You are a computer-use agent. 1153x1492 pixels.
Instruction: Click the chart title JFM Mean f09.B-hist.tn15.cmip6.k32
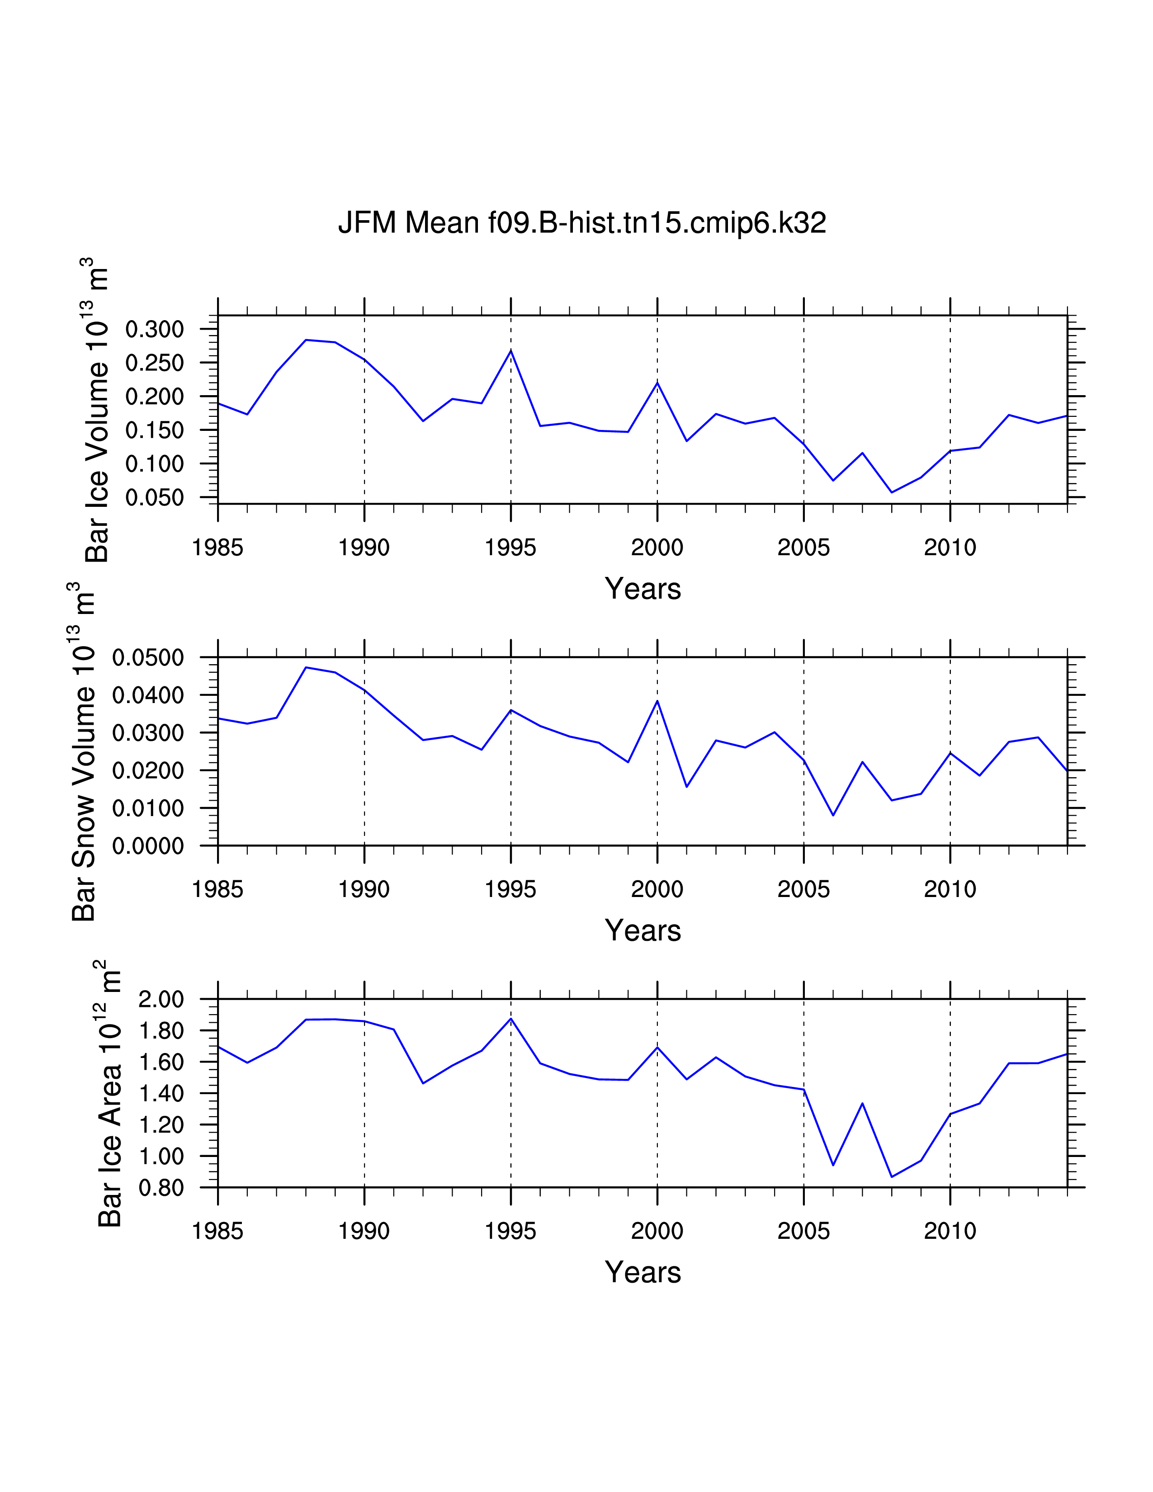pyautogui.click(x=582, y=223)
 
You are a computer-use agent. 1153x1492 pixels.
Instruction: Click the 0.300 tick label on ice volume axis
pyautogui.click(x=154, y=329)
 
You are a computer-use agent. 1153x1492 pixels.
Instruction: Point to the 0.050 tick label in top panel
pyautogui.click(x=154, y=497)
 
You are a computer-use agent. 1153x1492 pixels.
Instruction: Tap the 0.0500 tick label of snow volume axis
pyautogui.click(x=148, y=658)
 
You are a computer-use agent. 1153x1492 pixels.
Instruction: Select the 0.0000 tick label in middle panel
pyautogui.click(x=148, y=846)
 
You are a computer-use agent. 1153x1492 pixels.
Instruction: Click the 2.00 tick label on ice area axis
pyautogui.click(x=161, y=1000)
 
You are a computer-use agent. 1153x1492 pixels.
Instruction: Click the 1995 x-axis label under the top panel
pyautogui.click(x=510, y=547)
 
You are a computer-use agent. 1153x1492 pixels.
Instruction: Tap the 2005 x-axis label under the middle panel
pyautogui.click(x=803, y=889)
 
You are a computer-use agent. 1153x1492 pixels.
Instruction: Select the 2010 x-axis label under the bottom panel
pyautogui.click(x=950, y=1231)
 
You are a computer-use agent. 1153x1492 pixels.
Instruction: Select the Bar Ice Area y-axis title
pyautogui.click(x=109, y=1093)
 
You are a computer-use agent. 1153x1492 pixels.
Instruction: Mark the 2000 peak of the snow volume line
pyautogui.click(x=657, y=701)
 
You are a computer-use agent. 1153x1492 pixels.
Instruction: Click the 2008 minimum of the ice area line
pyautogui.click(x=891, y=1176)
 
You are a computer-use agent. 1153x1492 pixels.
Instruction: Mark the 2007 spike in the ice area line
pyautogui.click(x=862, y=1103)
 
